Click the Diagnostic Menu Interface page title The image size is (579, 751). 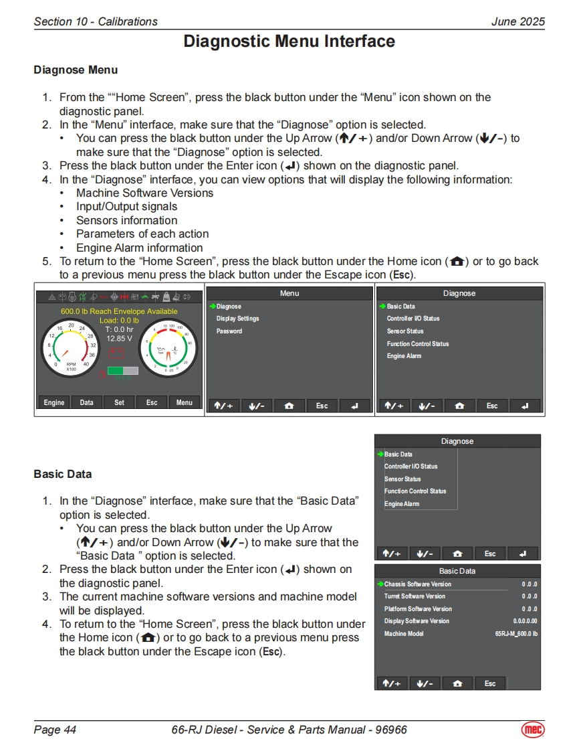tap(289, 41)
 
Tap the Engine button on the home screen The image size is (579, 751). tap(54, 402)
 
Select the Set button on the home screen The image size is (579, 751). tap(119, 402)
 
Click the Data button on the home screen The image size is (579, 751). tap(87, 402)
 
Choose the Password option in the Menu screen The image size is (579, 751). tap(229, 331)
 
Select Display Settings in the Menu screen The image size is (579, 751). tap(237, 319)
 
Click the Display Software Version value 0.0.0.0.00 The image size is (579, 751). tap(525, 621)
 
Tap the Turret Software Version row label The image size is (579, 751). tap(415, 596)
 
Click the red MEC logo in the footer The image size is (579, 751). tap(533, 729)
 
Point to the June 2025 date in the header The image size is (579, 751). tap(517, 21)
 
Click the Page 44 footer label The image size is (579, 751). tap(55, 730)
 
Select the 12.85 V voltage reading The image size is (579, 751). tap(120, 338)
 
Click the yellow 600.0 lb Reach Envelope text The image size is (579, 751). tap(119, 311)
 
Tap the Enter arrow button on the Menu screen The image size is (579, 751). tap(354, 406)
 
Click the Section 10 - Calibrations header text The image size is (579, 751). tap(96, 21)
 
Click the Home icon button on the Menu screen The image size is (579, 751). tap(289, 406)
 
